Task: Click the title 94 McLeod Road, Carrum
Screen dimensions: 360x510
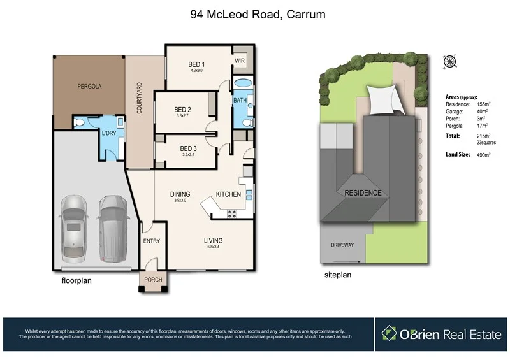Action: click(254, 14)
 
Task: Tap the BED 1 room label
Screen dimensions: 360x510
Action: click(196, 64)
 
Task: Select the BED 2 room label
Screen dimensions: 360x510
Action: click(183, 110)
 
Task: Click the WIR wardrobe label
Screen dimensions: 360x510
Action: click(240, 61)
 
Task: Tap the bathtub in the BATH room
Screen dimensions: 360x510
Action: click(242, 84)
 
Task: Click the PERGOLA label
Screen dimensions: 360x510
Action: click(90, 86)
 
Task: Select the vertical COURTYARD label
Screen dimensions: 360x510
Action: click(139, 98)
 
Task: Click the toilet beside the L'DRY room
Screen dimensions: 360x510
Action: click(79, 123)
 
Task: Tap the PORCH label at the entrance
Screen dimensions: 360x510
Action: click(153, 280)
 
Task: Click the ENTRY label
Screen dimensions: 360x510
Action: click(152, 241)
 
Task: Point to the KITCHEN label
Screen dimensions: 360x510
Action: click(228, 194)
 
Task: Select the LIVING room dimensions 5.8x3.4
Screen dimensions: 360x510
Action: click(213, 247)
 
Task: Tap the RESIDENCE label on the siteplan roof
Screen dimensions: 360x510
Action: click(363, 193)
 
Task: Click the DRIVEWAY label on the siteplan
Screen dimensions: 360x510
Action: click(342, 245)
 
